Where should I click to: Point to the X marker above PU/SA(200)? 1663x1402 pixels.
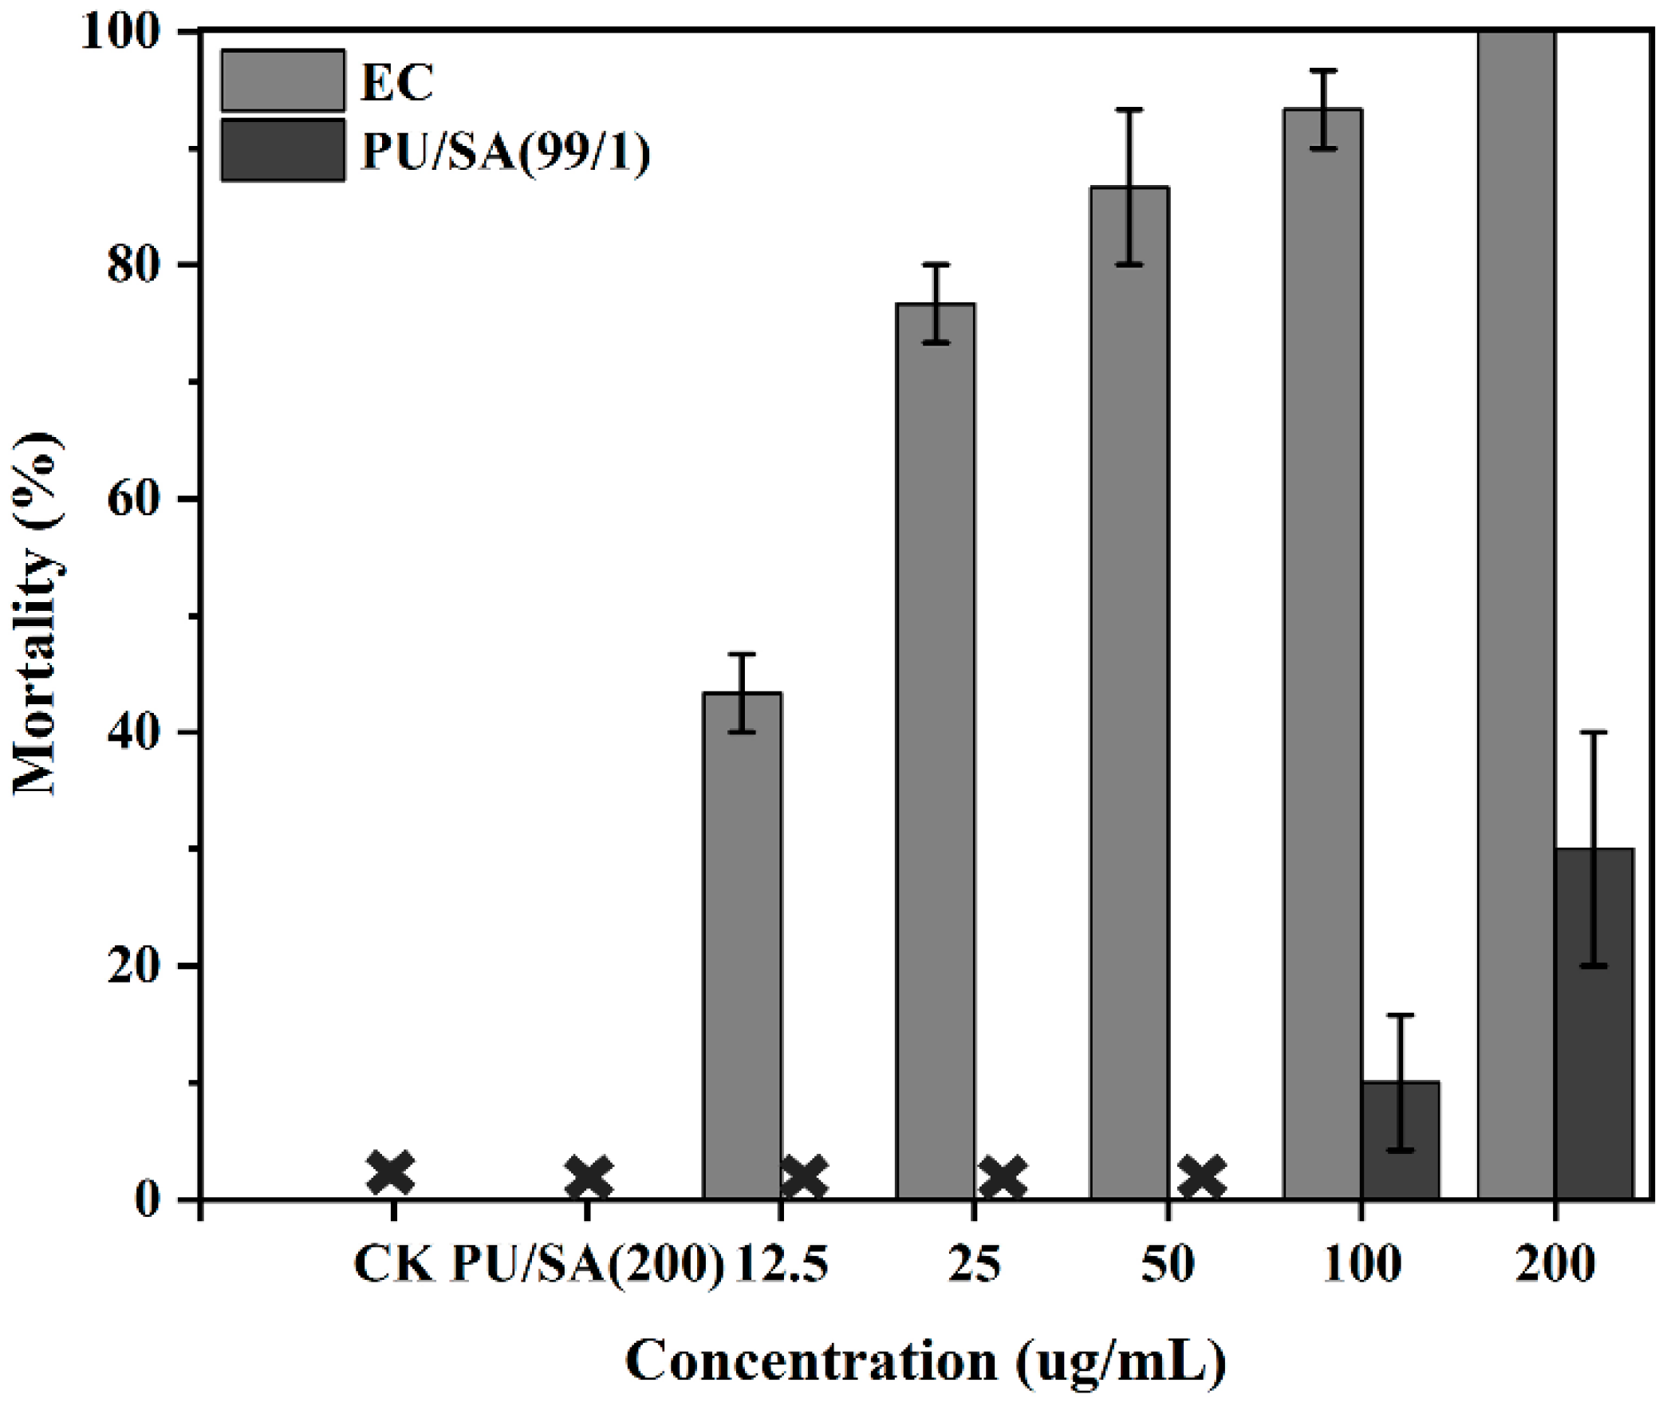589,1177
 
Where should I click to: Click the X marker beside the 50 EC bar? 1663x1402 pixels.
1201,1177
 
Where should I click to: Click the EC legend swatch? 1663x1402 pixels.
283,81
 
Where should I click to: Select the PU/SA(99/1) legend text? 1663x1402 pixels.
506,151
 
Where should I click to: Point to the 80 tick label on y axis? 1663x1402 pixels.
132,265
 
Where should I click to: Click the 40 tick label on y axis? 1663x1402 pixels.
132,733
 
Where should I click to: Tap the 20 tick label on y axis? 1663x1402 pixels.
132,967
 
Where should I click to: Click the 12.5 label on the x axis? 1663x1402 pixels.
781,1264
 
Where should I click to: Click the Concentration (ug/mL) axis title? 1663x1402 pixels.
925,1361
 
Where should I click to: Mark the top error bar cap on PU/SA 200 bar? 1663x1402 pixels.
1594,732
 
